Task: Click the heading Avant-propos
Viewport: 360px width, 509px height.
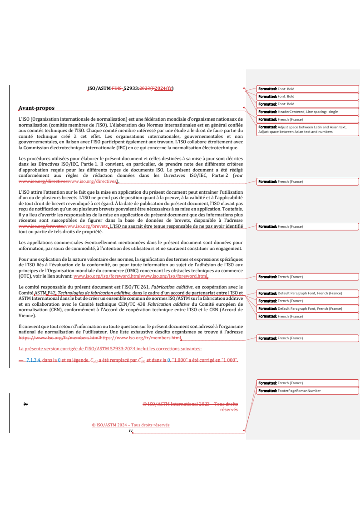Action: coord(36,108)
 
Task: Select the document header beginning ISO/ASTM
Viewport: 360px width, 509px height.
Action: coord(130,88)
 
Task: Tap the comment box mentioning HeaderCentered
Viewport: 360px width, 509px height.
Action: coord(308,112)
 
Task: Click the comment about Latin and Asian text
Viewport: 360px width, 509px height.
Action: coord(308,129)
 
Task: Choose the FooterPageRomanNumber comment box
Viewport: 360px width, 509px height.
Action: coord(308,391)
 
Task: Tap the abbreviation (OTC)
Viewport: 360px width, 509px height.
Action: coord(25,276)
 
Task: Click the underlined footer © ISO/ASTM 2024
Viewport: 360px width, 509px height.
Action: coord(130,425)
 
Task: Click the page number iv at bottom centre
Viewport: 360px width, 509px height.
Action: coord(130,431)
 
